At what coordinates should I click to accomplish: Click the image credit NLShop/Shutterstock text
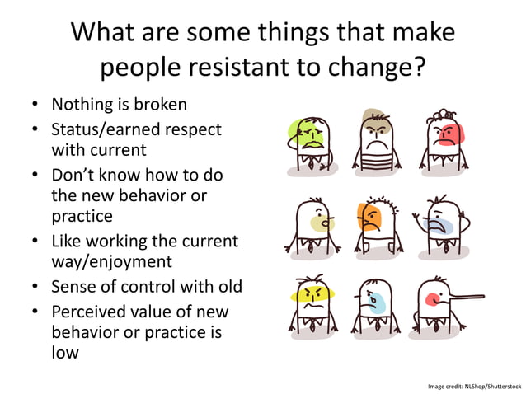(474, 386)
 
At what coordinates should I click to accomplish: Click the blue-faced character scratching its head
(439, 223)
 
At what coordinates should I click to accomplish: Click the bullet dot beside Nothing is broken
(35, 106)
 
